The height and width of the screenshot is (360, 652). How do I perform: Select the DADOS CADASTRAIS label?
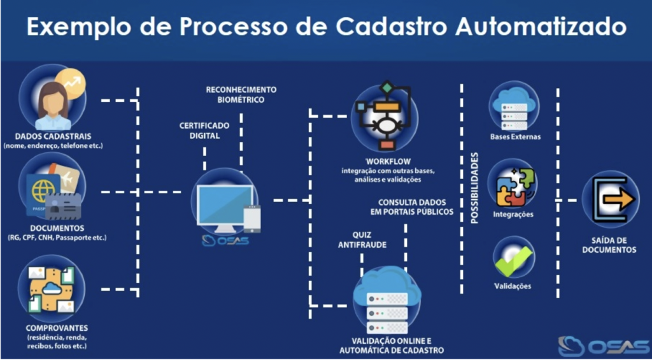point(53,136)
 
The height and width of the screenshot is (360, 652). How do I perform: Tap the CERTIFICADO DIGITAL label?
point(204,130)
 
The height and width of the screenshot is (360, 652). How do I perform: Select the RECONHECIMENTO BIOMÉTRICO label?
point(241,94)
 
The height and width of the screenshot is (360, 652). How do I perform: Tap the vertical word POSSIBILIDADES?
point(474,189)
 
